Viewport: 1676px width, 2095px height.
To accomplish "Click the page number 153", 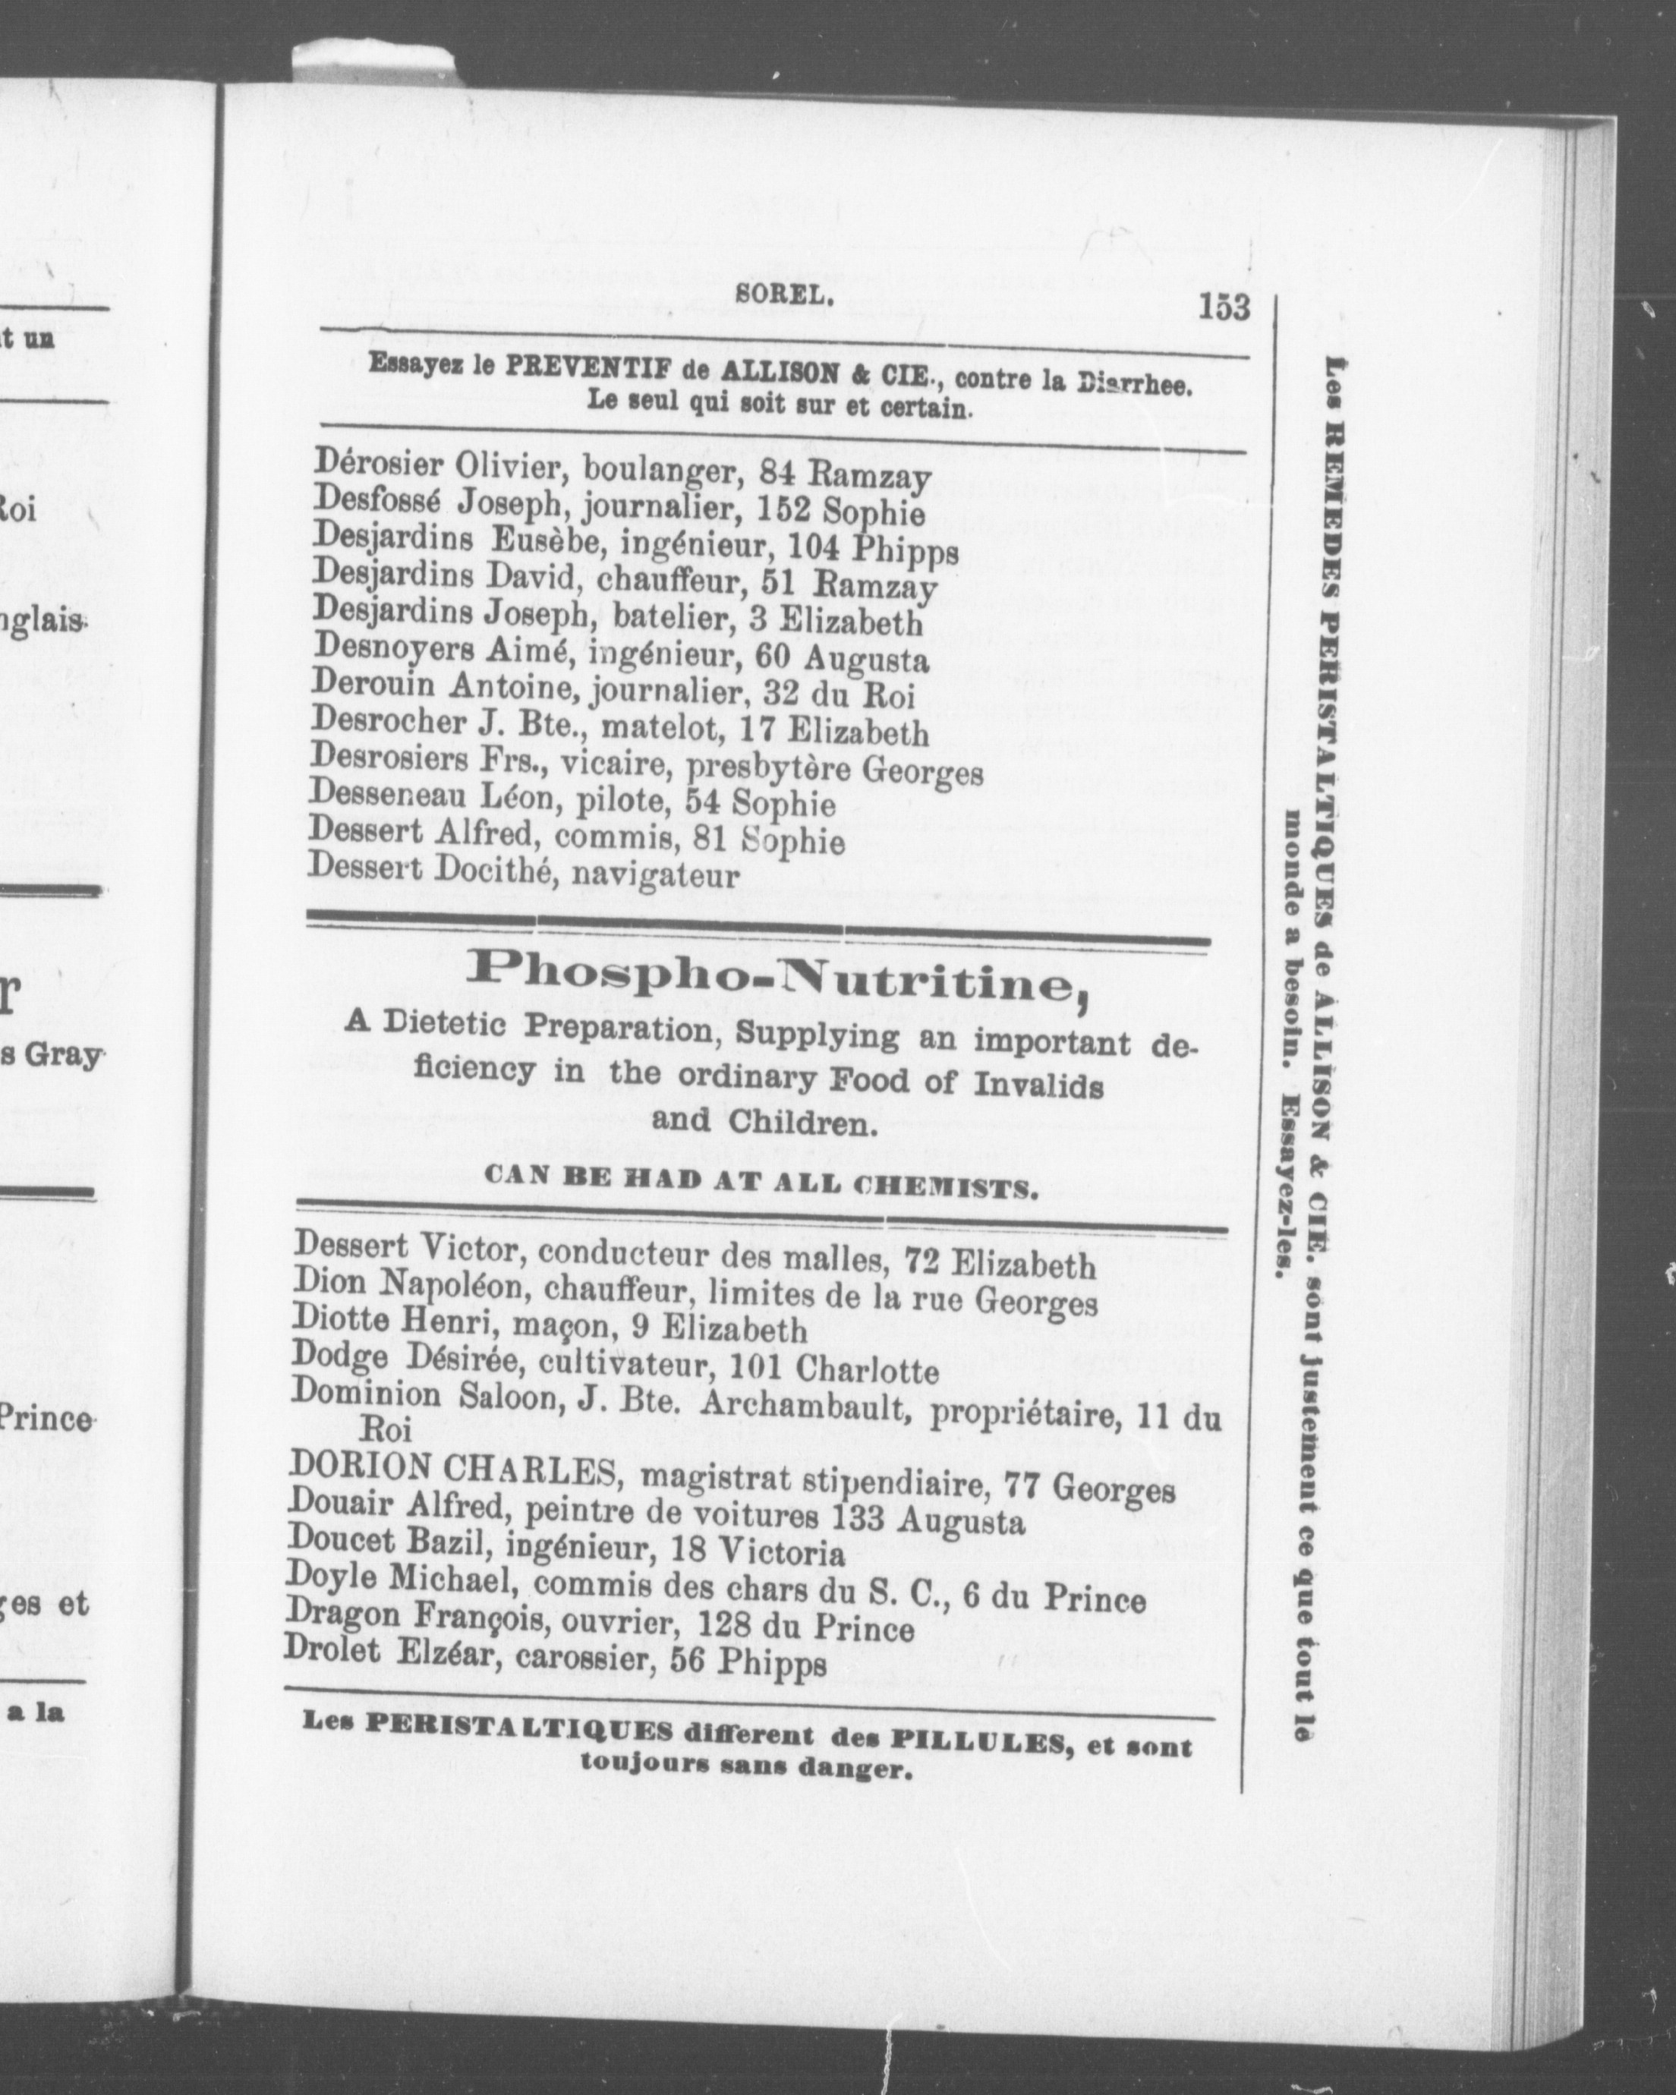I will click(1224, 307).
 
